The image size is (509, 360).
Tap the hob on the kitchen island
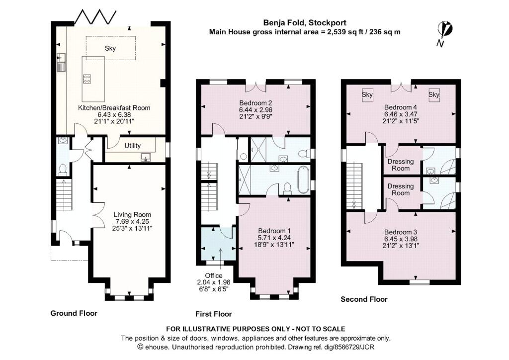(86, 79)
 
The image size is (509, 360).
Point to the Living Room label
(132, 214)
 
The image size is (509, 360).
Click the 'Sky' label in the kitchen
(110, 48)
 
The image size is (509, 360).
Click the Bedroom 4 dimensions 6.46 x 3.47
(400, 114)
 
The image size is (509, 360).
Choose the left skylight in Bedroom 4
(367, 94)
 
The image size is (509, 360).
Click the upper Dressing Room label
(401, 164)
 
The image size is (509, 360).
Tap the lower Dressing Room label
(401, 189)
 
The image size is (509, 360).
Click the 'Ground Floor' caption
(74, 313)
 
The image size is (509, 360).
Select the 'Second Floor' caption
(364, 299)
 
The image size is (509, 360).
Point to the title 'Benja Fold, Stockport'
(305, 22)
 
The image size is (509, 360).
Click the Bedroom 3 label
(400, 232)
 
